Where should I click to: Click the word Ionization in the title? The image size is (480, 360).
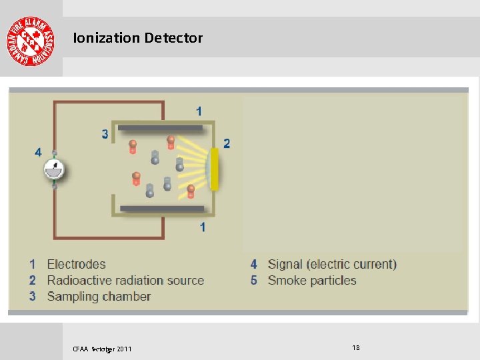pyautogui.click(x=106, y=38)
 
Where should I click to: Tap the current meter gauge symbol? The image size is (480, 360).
pyautogui.click(x=55, y=169)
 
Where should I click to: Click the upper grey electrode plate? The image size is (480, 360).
pyautogui.click(x=161, y=128)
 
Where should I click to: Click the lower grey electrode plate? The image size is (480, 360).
pyautogui.click(x=162, y=209)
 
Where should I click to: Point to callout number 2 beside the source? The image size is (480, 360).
pyautogui.click(x=227, y=143)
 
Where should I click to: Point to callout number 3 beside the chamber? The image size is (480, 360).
pyautogui.click(x=105, y=134)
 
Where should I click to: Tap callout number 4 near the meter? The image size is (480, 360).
pyautogui.click(x=38, y=152)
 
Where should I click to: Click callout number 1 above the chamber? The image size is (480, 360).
pyautogui.click(x=199, y=111)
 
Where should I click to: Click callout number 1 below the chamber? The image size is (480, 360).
pyautogui.click(x=202, y=227)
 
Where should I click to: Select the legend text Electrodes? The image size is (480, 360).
pyautogui.click(x=76, y=265)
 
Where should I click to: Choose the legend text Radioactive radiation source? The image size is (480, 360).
pyautogui.click(x=125, y=281)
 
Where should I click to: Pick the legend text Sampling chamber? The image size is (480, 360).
pyautogui.click(x=99, y=297)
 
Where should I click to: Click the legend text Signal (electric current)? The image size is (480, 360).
pyautogui.click(x=332, y=265)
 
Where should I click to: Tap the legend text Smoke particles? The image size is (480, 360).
pyautogui.click(x=312, y=281)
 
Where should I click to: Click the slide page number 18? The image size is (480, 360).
pyautogui.click(x=355, y=347)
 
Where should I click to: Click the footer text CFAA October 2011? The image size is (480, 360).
pyautogui.click(x=102, y=349)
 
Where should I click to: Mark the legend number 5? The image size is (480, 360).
pyautogui.click(x=254, y=281)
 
